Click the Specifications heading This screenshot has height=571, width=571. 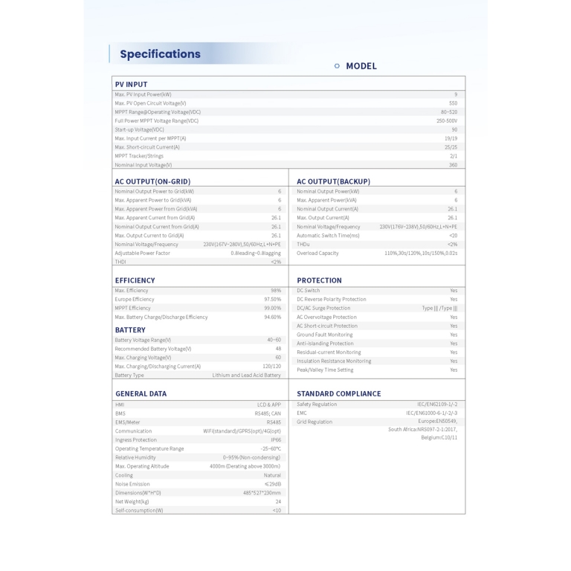click(x=160, y=54)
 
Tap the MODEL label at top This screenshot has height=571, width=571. click(x=361, y=66)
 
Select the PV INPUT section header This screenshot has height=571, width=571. click(x=131, y=85)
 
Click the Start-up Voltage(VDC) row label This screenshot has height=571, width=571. click(x=139, y=129)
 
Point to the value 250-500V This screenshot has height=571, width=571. click(x=447, y=120)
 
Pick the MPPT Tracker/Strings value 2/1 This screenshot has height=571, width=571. click(x=454, y=156)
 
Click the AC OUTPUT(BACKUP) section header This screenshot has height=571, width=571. click(x=333, y=181)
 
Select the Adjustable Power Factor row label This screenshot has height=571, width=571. click(x=142, y=253)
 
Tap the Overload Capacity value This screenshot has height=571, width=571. click(x=421, y=253)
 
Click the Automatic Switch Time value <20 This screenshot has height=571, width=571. click(x=453, y=235)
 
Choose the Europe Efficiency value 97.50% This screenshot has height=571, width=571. click(x=272, y=299)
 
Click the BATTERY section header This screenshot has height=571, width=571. click(x=130, y=330)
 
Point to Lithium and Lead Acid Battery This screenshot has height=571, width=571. click(x=246, y=375)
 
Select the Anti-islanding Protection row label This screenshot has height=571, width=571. click(x=325, y=343)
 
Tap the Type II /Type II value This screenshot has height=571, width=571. click(x=439, y=308)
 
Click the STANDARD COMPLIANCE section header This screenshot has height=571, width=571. click(x=338, y=394)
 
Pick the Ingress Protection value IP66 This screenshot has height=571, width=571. click(x=276, y=440)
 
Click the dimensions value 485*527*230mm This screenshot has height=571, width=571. click(x=262, y=493)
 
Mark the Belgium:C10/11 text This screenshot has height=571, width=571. click(x=439, y=437)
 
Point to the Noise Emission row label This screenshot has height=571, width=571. click(x=132, y=484)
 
